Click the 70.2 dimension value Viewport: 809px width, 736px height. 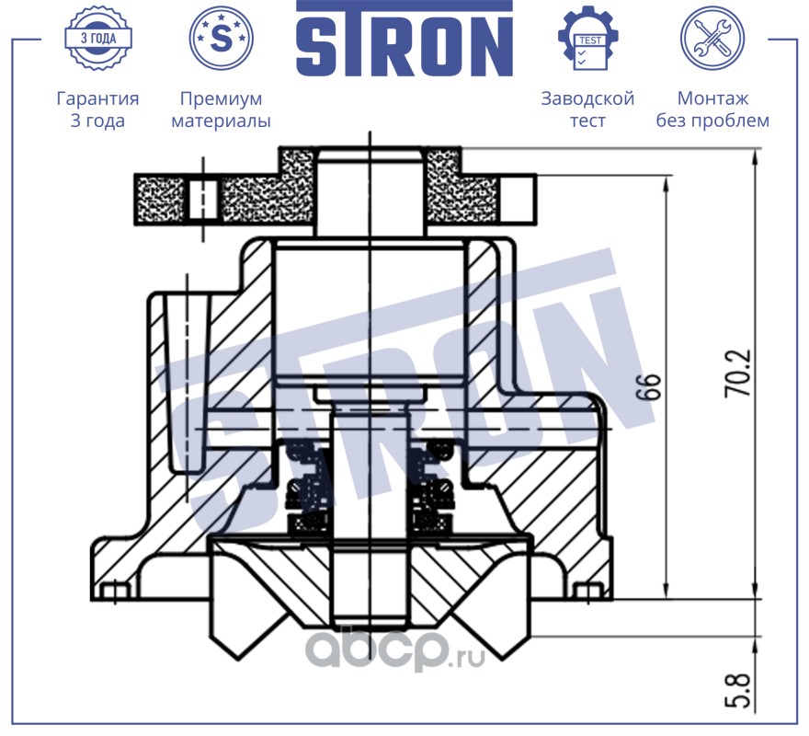739,374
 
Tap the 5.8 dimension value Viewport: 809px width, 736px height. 737,691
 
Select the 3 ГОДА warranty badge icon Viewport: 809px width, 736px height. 98,38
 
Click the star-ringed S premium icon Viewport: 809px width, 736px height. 221,38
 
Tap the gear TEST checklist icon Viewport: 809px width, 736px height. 588,38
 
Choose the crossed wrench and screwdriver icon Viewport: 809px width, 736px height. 712,38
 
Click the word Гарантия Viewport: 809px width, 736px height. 97,98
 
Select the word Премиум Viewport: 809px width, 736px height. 221,98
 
